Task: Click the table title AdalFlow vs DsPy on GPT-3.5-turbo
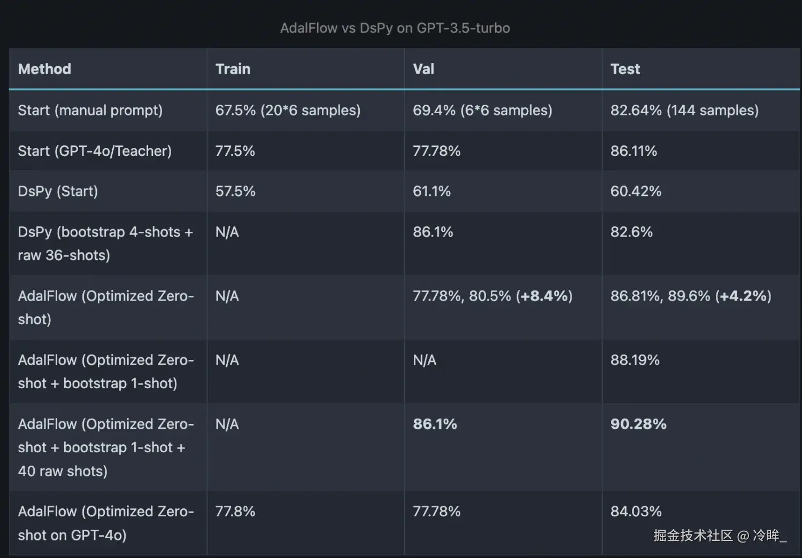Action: pyautogui.click(x=395, y=28)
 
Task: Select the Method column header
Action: pyautogui.click(x=44, y=69)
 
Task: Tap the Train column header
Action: pyautogui.click(x=233, y=69)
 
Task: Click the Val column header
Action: pyautogui.click(x=423, y=69)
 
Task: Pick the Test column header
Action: pyautogui.click(x=625, y=69)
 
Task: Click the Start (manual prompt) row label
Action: pyautogui.click(x=90, y=111)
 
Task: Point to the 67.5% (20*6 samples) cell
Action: pyautogui.click(x=288, y=111)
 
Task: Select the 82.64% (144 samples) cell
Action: pyautogui.click(x=684, y=111)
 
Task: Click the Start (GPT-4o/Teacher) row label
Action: pyautogui.click(x=95, y=151)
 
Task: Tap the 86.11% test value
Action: pyautogui.click(x=634, y=151)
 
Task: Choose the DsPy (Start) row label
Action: pyautogui.click(x=58, y=191)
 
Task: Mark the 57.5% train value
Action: pyautogui.click(x=235, y=191)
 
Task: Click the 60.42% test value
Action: pyautogui.click(x=636, y=191)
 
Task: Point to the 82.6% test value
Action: pyautogui.click(x=631, y=232)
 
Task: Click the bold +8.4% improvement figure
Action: pyautogui.click(x=544, y=296)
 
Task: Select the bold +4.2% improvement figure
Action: pyautogui.click(x=743, y=296)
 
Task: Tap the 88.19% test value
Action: pyautogui.click(x=635, y=360)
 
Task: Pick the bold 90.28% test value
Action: pyautogui.click(x=638, y=425)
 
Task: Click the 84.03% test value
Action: pyautogui.click(x=636, y=512)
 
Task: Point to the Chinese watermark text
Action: pyautogui.click(x=720, y=536)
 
